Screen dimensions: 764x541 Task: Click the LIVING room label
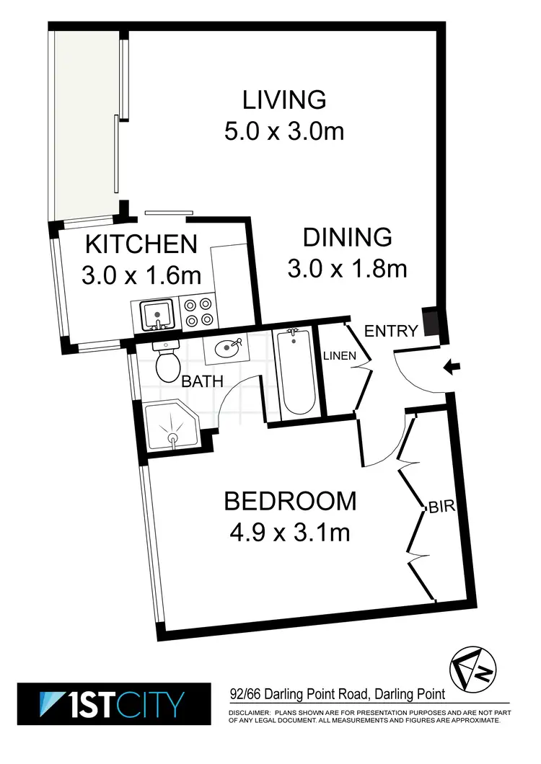[x=284, y=99]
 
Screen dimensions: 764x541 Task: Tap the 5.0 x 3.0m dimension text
[x=283, y=132]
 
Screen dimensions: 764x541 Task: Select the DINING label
[x=347, y=236]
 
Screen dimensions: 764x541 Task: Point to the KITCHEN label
[x=141, y=244]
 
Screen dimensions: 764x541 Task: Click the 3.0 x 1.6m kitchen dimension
[x=141, y=276]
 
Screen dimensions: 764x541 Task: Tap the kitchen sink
[x=157, y=314]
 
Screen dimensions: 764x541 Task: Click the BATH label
[x=202, y=382]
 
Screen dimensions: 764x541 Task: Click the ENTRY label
[x=391, y=331]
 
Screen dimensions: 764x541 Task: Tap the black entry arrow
[x=452, y=368]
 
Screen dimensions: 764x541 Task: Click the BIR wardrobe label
[x=442, y=507]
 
